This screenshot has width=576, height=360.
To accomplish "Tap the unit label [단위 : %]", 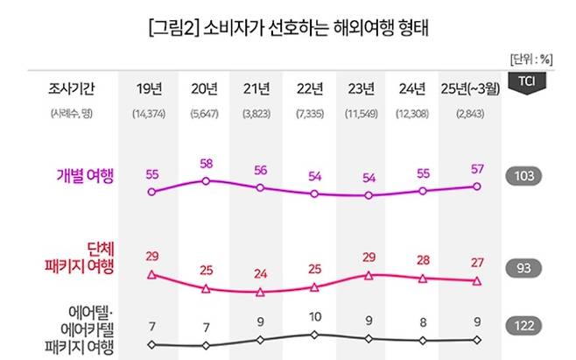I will tap(530, 59).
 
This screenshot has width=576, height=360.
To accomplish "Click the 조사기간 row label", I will tap(73, 88).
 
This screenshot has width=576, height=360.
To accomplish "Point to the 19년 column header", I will tap(151, 88).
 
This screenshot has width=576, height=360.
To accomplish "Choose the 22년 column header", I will tap(313, 88).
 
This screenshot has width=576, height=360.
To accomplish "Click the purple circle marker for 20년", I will tap(206, 181).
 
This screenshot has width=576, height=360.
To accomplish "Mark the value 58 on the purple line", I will tap(206, 164).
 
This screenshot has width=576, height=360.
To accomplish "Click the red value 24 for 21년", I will tap(260, 272).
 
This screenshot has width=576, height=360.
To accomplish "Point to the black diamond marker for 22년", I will tap(314, 334).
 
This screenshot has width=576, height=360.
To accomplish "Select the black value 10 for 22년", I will tap(314, 316).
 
